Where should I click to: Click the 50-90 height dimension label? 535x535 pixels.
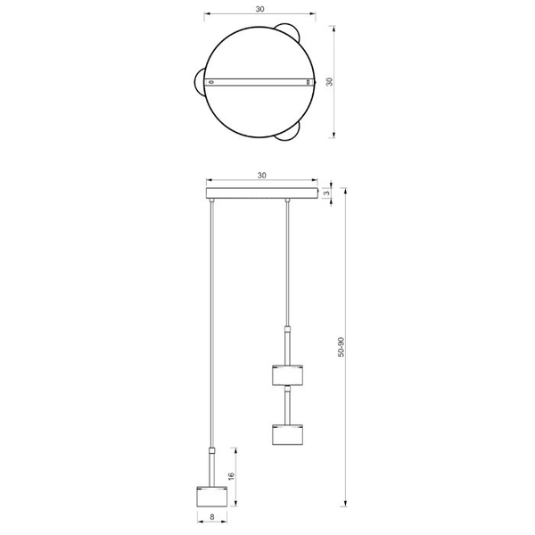[341, 347]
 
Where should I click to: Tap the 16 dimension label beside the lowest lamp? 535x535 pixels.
[231, 476]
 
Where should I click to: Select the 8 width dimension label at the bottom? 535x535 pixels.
[212, 517]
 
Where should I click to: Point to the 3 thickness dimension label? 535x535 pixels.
[327, 193]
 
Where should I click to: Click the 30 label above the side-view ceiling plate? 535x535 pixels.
[261, 176]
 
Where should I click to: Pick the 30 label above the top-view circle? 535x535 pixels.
[260, 9]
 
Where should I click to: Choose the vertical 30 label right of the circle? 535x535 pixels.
[330, 82]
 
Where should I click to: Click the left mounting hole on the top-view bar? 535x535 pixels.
[211, 82]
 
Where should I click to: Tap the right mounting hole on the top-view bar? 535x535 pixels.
[309, 82]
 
